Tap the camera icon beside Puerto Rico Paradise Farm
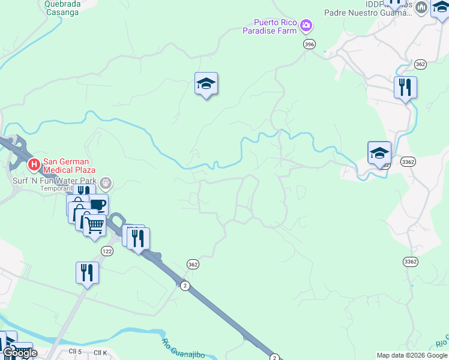point(307,25)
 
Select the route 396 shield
point(309,44)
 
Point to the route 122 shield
point(107,250)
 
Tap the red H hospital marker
point(34,163)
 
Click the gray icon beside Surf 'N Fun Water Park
point(106,182)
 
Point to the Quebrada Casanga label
point(62,7)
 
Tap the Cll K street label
point(100,352)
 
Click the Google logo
point(20,353)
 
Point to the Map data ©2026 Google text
point(412,355)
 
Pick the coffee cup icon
point(97,205)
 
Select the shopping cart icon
point(94,225)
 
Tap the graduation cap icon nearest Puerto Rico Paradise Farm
point(206,84)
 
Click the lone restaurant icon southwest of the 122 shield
point(87,272)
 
